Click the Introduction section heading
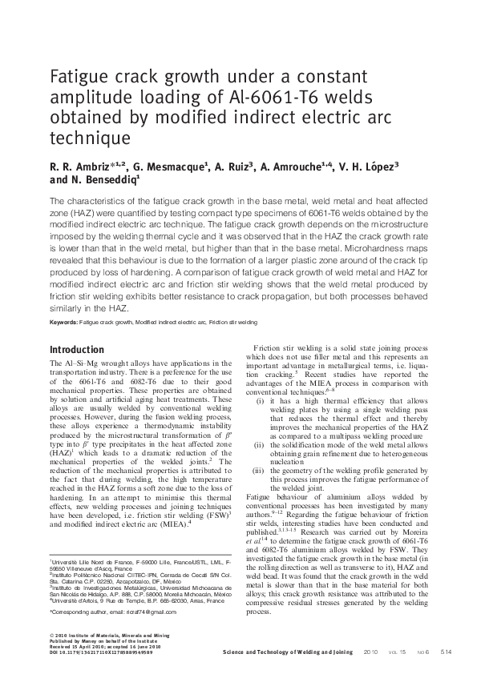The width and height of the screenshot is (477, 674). [x=76, y=350]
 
